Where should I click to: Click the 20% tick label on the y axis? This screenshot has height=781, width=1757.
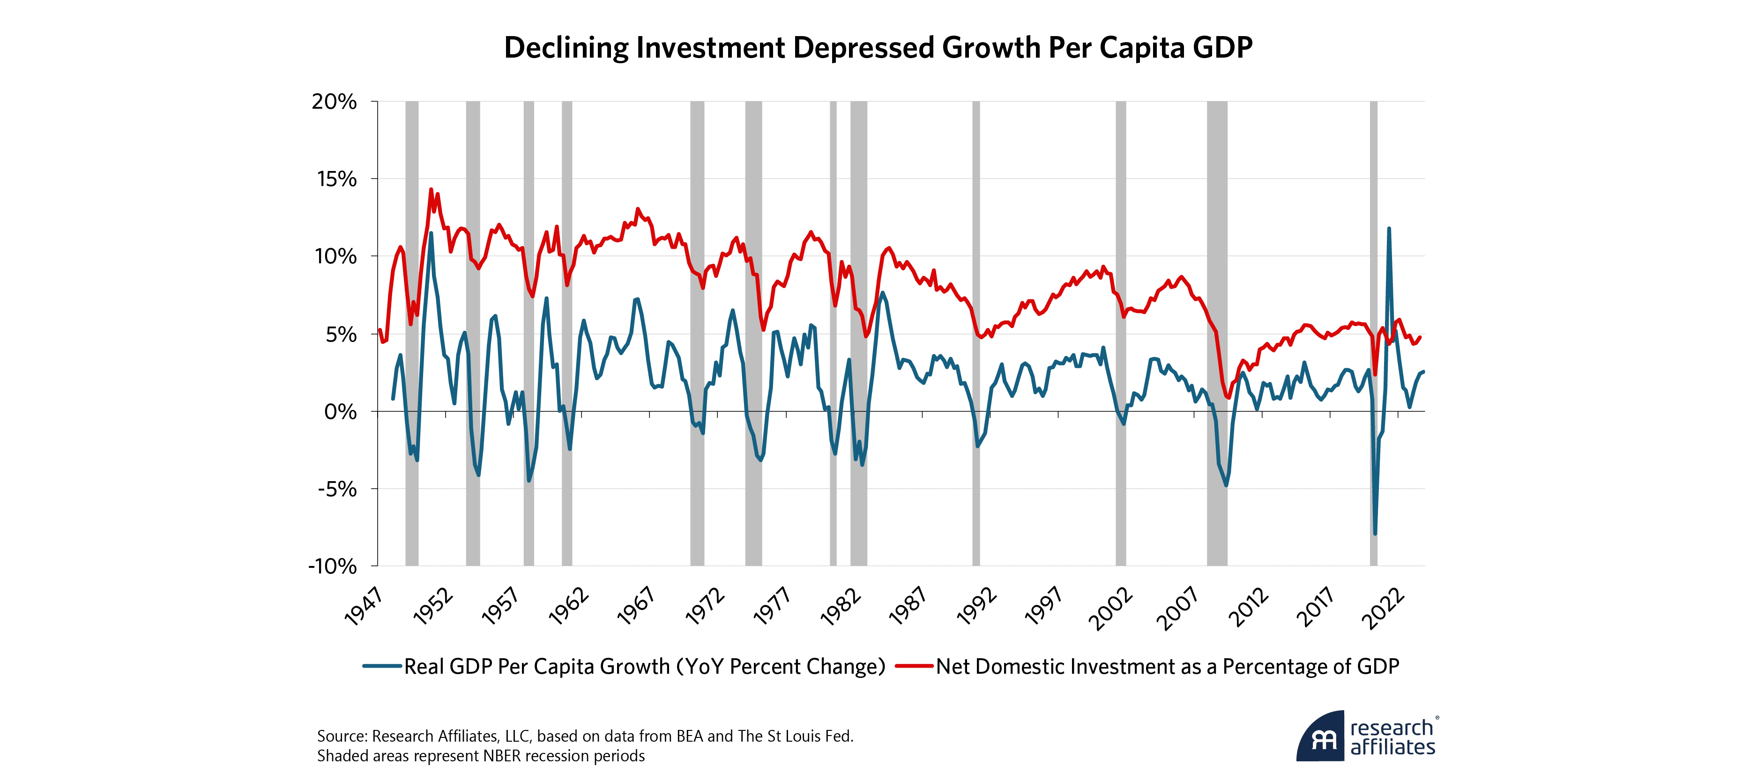coord(334,102)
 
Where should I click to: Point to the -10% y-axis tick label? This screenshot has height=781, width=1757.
coord(332,566)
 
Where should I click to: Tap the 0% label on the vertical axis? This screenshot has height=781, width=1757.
coord(340,411)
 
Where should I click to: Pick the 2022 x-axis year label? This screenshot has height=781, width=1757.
coord(1383,609)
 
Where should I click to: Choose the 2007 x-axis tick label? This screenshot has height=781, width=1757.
coord(1178,609)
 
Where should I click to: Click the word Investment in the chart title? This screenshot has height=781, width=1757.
coord(711,48)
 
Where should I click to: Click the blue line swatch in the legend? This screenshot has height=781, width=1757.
coord(382,666)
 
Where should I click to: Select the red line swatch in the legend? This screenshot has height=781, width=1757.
coord(914,666)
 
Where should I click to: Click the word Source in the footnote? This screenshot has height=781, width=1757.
coord(341,736)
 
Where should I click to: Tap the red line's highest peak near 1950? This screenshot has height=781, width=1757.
coord(431,190)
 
